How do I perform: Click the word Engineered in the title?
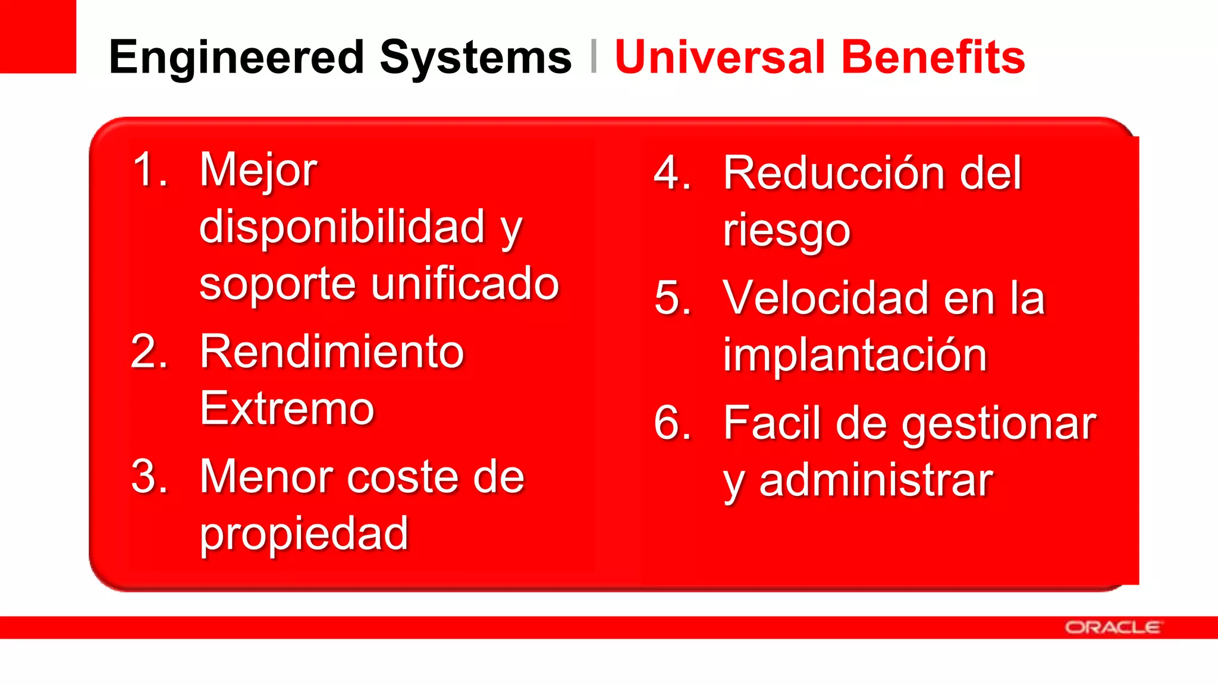[236, 57]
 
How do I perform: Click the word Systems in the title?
[475, 57]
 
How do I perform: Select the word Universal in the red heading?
[720, 57]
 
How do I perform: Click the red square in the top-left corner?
[37, 36]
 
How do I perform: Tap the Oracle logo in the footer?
[1113, 627]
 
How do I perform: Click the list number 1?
[149, 170]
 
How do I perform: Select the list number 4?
[672, 173]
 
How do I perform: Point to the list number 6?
[672, 423]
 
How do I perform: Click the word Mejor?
[258, 170]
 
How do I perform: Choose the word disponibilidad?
[342, 227]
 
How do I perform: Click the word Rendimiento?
[331, 352]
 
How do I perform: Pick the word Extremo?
[287, 409]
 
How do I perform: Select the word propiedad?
[303, 534]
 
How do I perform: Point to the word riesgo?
[786, 230]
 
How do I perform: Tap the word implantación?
[855, 355]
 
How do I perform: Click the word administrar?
[876, 480]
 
